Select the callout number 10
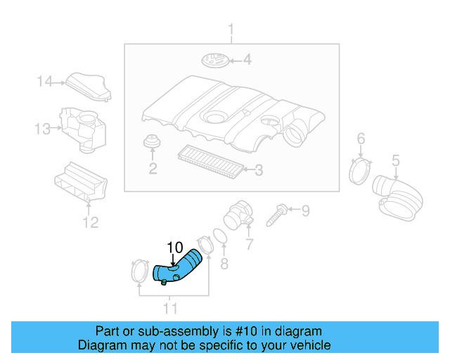click(x=174, y=247)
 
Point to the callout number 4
click(x=247, y=60)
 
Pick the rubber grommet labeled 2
click(x=150, y=143)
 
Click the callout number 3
click(x=258, y=169)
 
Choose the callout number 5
click(x=395, y=161)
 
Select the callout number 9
click(x=305, y=210)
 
